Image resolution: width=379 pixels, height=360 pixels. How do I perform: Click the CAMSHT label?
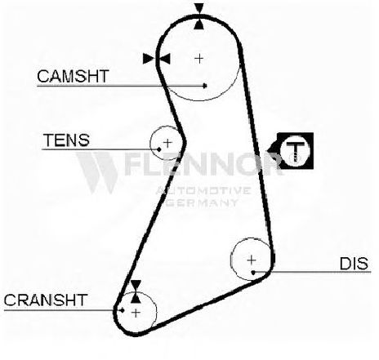(x=73, y=76)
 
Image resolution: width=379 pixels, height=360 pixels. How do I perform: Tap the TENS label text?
(x=66, y=140)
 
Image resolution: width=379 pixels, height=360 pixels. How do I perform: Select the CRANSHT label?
(x=46, y=300)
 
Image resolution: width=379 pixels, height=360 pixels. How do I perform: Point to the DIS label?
(x=354, y=264)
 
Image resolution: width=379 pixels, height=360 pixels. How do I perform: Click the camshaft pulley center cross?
(x=199, y=58)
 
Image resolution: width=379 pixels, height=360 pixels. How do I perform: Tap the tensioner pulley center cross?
(x=167, y=143)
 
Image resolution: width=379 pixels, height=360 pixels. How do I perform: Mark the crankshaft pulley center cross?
(x=136, y=313)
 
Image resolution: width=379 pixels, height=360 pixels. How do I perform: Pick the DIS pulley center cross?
(x=252, y=260)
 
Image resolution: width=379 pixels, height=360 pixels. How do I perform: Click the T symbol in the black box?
(x=295, y=150)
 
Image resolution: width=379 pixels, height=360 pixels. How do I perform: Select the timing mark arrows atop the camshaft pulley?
(x=199, y=16)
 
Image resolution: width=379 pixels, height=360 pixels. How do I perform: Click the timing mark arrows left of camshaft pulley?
(x=157, y=59)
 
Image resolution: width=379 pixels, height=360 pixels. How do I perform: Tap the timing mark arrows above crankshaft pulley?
(x=136, y=291)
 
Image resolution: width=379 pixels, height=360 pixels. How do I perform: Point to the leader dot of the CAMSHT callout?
(x=205, y=86)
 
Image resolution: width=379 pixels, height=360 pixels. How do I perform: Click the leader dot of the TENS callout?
(x=159, y=149)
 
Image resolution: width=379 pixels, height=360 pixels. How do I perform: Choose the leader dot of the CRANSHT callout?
(x=123, y=310)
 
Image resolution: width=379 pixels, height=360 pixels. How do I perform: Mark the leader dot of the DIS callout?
(x=253, y=272)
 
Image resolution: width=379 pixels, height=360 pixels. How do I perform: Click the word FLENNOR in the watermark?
(x=203, y=163)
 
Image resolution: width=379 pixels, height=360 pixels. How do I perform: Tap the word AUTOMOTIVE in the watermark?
(x=203, y=190)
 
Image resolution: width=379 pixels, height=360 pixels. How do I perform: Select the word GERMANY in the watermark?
(x=202, y=202)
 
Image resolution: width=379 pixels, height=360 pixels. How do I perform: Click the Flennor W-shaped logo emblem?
(x=96, y=172)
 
